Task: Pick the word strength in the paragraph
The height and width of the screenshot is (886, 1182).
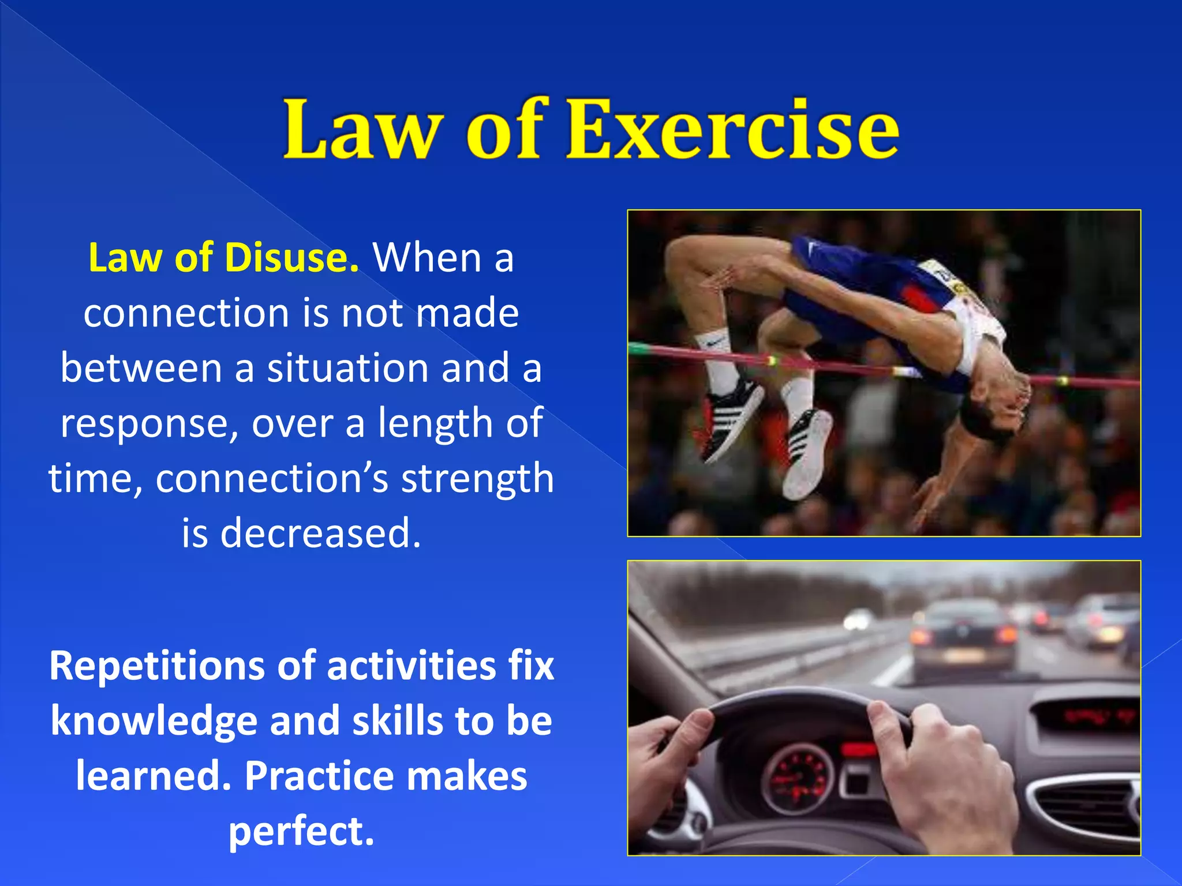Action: [x=477, y=479]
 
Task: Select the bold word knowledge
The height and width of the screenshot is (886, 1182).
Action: [x=154, y=721]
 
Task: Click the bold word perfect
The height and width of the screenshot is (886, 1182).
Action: [x=301, y=831]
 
